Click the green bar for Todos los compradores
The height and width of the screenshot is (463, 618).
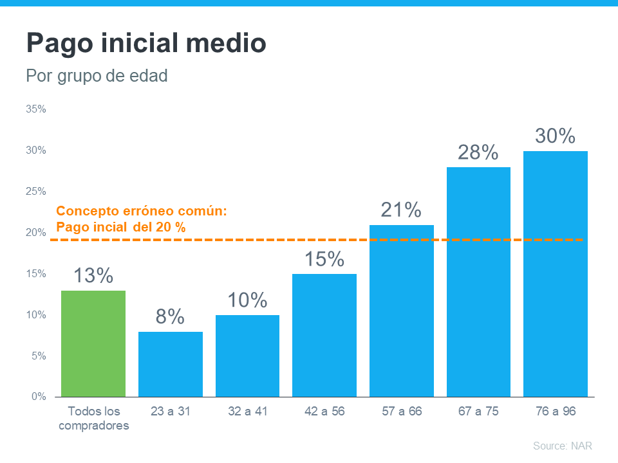[x=93, y=344]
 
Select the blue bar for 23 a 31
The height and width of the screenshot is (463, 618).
[x=171, y=365]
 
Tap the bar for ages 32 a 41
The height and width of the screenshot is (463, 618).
[x=247, y=356]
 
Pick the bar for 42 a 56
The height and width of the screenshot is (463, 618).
[x=324, y=336]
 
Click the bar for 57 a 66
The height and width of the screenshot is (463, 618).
[x=402, y=311]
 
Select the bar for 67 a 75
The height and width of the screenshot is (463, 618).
[x=478, y=282]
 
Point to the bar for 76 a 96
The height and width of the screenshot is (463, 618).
[x=555, y=274]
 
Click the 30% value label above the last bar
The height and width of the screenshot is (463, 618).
[x=555, y=136]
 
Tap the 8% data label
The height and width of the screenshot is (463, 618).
[x=171, y=316]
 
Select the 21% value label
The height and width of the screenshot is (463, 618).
[x=401, y=210]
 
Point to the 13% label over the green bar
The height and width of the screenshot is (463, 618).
[x=93, y=275]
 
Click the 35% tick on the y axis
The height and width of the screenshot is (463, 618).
[x=36, y=109]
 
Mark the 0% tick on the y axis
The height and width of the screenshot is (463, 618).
[x=39, y=397]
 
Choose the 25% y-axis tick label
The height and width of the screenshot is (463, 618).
[x=36, y=192]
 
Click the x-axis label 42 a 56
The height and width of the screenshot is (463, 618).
[x=324, y=412]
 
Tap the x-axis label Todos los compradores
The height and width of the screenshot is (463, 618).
[x=93, y=418]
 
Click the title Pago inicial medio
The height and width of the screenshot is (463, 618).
[x=146, y=44]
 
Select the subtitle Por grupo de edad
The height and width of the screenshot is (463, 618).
[x=97, y=76]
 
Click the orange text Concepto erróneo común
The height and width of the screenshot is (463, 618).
[x=142, y=211]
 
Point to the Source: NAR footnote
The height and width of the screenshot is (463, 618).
[x=562, y=446]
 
